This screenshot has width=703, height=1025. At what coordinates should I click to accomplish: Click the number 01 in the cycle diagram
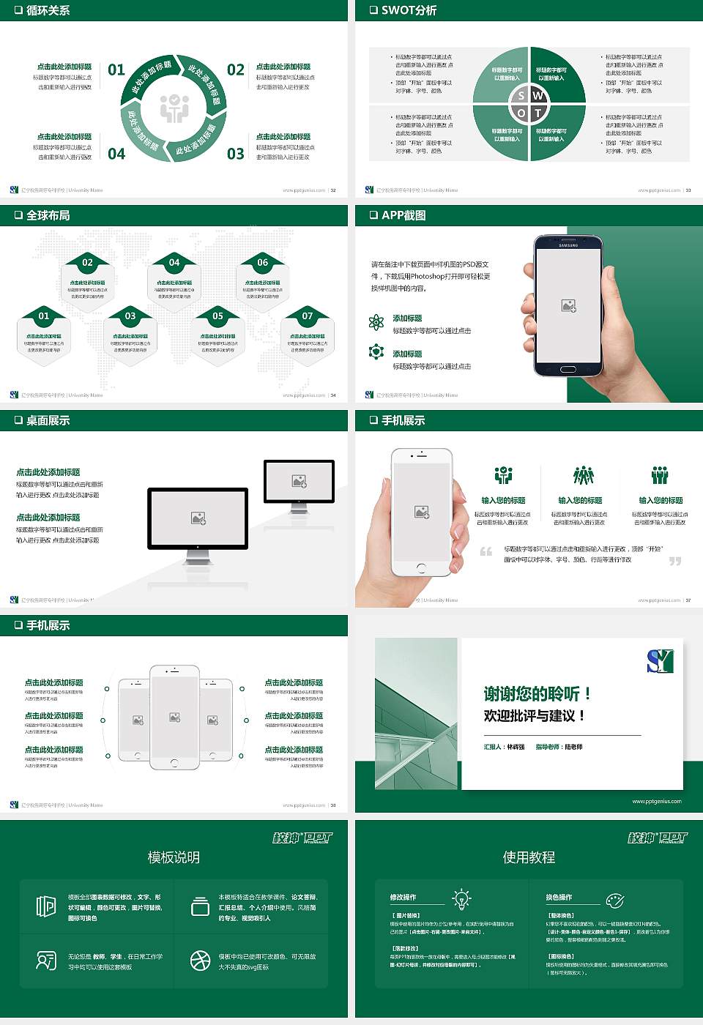(116, 70)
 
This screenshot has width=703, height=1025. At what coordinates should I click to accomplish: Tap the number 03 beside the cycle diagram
(236, 154)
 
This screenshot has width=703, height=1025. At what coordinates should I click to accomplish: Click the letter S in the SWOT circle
(521, 96)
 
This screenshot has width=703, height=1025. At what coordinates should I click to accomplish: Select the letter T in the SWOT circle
(538, 113)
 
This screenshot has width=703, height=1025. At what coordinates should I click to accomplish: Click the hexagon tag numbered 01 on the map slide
(44, 316)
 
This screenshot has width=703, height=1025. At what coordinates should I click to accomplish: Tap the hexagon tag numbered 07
(308, 316)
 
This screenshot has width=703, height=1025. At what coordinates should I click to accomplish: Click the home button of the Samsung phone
(568, 368)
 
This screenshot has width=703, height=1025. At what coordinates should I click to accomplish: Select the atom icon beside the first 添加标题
(376, 322)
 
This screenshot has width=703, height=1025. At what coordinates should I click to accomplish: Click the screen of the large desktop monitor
(198, 518)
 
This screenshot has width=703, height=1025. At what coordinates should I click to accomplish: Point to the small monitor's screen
(299, 481)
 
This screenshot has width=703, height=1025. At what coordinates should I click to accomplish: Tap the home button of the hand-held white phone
(420, 567)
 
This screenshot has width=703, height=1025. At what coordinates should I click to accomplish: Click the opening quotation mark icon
(486, 551)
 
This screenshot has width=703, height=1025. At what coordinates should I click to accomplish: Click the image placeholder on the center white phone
(174, 717)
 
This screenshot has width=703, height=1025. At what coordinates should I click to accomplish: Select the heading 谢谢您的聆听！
(537, 693)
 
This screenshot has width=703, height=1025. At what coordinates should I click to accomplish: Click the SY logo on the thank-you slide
(660, 661)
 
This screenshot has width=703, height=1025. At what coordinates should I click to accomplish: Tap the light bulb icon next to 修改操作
(461, 898)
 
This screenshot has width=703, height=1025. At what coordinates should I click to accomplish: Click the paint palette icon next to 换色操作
(615, 900)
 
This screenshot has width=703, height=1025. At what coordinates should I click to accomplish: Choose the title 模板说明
(174, 857)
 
